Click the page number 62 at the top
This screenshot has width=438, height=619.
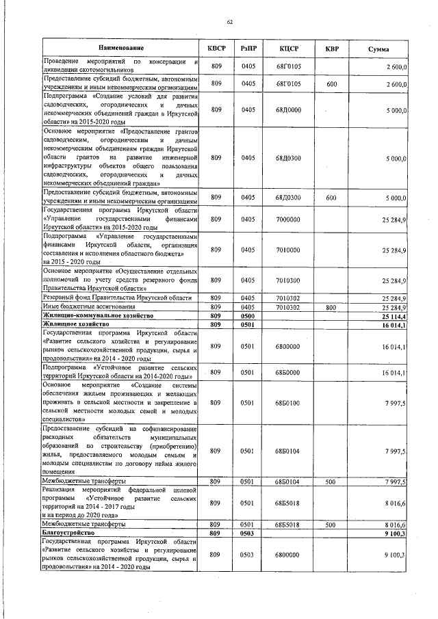[231, 23]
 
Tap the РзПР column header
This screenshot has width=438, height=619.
[248, 49]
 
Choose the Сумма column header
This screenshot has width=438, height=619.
[378, 49]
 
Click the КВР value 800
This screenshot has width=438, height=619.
[331, 308]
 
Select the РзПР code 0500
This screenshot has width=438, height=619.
[248, 316]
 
